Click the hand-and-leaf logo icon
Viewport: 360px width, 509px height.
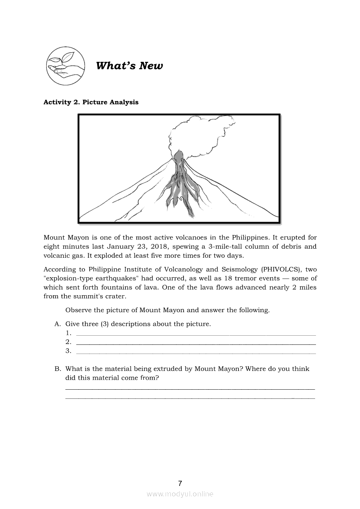[65, 66]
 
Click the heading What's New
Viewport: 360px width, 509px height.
[129, 66]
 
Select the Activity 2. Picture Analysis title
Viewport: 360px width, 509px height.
[91, 102]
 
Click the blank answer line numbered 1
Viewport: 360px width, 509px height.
[196, 334]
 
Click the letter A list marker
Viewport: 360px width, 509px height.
[57, 324]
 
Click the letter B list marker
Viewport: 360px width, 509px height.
[57, 369]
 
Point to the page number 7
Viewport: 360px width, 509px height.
[180, 483]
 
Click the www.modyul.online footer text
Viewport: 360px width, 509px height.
[180, 494]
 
